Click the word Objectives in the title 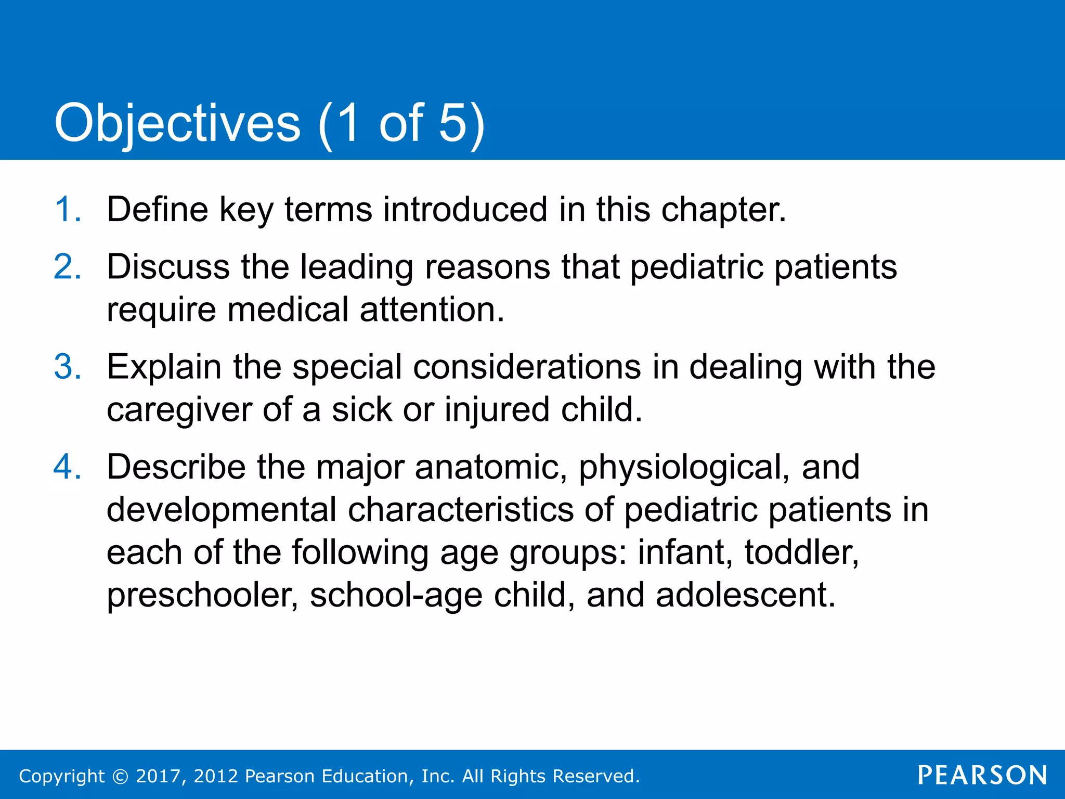click(x=177, y=123)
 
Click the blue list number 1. click(x=68, y=210)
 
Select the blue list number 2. click(x=68, y=267)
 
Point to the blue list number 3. click(x=68, y=367)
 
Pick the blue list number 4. click(x=68, y=467)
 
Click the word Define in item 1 click(x=157, y=210)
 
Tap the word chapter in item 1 click(x=723, y=210)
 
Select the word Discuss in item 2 click(x=168, y=267)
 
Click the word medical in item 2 click(x=288, y=310)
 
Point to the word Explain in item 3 click(x=164, y=367)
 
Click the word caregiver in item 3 click(x=179, y=410)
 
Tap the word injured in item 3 click(x=497, y=410)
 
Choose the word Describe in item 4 click(x=176, y=467)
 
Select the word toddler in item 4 click(x=801, y=552)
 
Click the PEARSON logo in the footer click(x=982, y=775)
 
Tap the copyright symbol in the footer click(x=120, y=776)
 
